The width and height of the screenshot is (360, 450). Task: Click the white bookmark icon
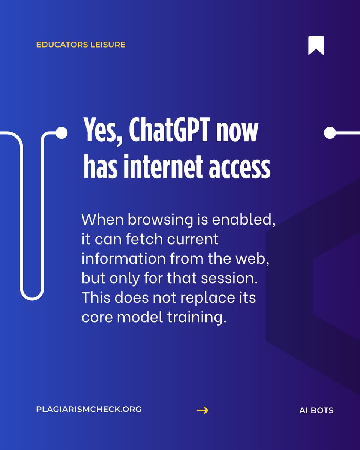(316, 46)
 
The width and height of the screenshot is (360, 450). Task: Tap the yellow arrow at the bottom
(202, 410)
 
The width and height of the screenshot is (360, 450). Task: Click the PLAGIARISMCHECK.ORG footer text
(89, 409)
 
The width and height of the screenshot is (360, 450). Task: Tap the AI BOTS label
(316, 410)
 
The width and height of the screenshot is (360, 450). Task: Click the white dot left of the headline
(61, 132)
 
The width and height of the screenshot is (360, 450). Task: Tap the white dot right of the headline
(330, 132)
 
